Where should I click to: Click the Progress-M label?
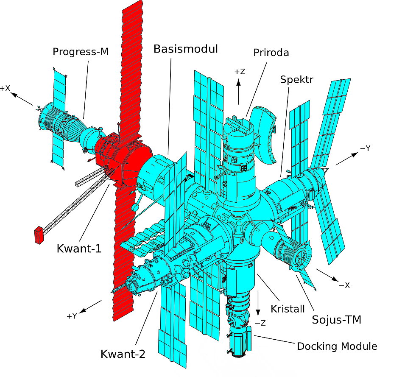click(x=81, y=52)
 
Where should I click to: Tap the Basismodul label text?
click(x=186, y=49)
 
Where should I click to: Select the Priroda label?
click(x=271, y=53)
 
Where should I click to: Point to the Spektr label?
click(x=296, y=79)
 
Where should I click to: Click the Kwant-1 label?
click(x=79, y=248)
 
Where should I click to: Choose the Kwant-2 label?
click(x=123, y=354)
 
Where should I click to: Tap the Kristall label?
click(x=288, y=308)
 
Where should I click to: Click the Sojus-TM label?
click(x=336, y=319)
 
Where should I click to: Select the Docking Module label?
click(x=337, y=346)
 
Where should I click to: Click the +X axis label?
click(x=5, y=88)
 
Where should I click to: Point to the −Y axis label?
click(x=365, y=149)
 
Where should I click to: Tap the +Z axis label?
click(x=240, y=72)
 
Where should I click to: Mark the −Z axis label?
click(x=260, y=323)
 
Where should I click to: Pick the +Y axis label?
click(x=72, y=316)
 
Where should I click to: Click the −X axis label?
click(x=344, y=285)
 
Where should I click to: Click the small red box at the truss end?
click(x=39, y=235)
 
